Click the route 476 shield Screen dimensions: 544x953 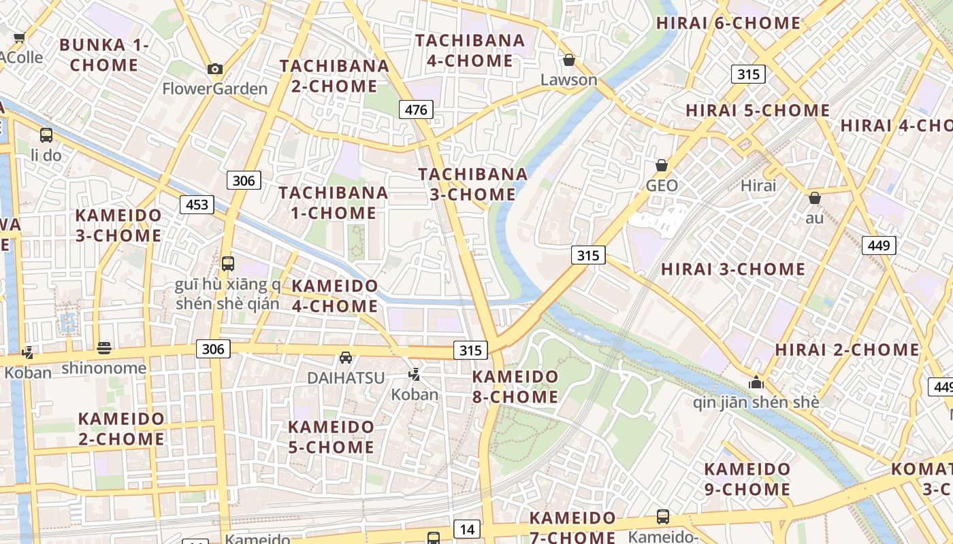tap(416, 109)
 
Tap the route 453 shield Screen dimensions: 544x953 tap(197, 205)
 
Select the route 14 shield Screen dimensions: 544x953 tap(467, 529)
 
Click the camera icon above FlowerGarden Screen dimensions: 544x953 tap(215, 69)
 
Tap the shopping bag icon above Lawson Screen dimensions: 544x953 tap(569, 60)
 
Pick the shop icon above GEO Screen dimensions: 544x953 tap(661, 165)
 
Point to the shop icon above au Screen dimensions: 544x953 tap(814, 198)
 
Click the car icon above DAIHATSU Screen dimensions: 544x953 tap(346, 358)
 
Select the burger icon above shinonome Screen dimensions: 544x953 tap(103, 348)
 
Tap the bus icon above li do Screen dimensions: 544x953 tap(46, 135)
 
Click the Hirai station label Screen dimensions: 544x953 tap(758, 186)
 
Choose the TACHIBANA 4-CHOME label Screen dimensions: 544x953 tap(470, 50)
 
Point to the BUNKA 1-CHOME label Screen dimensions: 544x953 tap(104, 55)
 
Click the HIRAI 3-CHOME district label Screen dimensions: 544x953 tap(733, 269)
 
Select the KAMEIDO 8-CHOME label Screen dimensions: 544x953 tap(515, 386)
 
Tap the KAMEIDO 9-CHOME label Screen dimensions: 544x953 tap(747, 479)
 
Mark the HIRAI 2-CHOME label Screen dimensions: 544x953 tap(847, 350)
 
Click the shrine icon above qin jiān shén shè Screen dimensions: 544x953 tap(756, 382)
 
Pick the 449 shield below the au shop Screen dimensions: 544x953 tap(879, 245)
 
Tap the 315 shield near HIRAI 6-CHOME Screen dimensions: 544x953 tap(748, 74)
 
